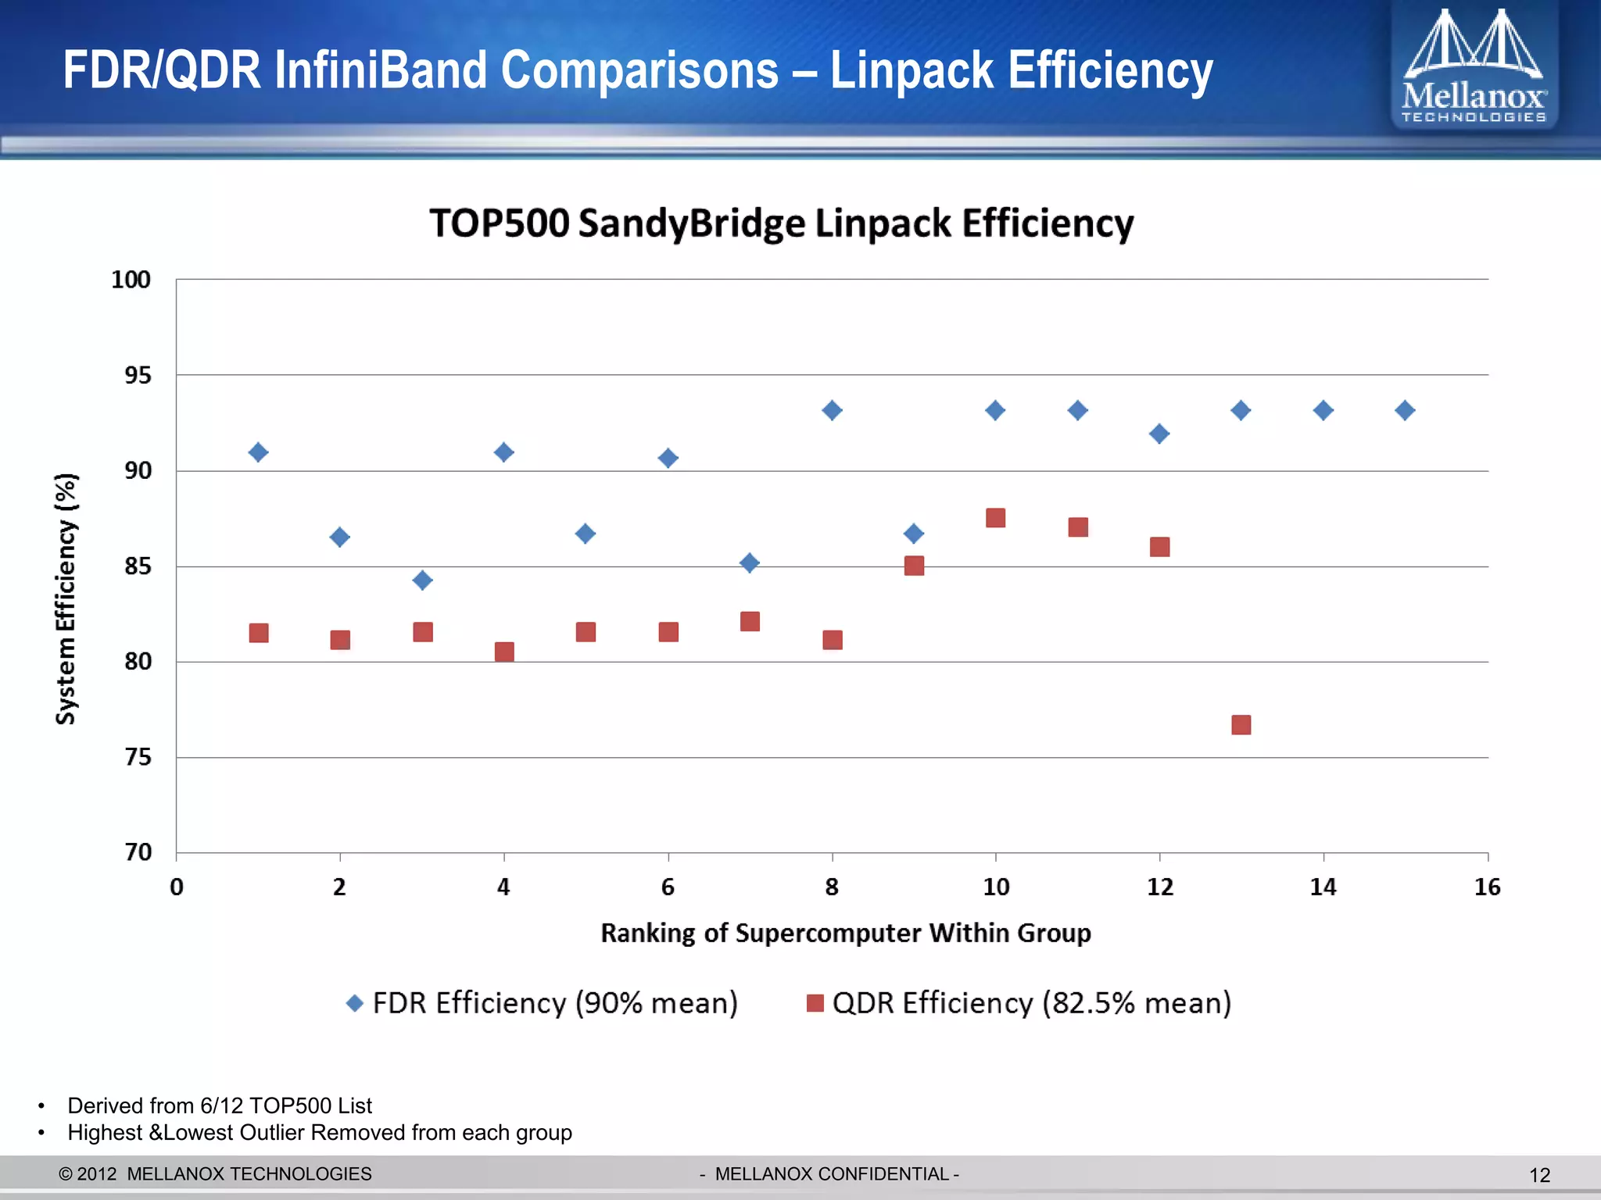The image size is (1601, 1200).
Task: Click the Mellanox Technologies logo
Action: click(1474, 66)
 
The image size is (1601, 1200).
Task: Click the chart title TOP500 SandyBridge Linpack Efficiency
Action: click(781, 223)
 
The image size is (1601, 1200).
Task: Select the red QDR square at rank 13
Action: click(1241, 725)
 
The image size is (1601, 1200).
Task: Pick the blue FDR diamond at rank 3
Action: click(422, 580)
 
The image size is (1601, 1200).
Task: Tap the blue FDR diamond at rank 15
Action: click(1405, 410)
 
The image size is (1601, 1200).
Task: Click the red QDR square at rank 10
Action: click(995, 518)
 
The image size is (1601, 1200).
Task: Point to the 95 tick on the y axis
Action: click(138, 376)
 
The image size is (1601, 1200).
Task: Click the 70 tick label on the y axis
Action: click(138, 852)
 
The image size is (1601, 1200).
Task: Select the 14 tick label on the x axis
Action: click(1323, 887)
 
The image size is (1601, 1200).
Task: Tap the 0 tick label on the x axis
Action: click(177, 887)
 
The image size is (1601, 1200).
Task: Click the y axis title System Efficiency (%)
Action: click(66, 598)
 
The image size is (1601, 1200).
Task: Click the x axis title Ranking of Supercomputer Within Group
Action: click(845, 933)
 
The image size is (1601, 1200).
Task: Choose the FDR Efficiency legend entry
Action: click(542, 1003)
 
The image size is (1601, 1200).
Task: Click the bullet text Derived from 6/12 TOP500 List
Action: click(219, 1105)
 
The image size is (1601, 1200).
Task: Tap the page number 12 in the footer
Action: click(1539, 1175)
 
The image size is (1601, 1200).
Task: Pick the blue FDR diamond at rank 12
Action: click(1159, 434)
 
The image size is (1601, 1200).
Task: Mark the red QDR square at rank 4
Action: click(504, 652)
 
